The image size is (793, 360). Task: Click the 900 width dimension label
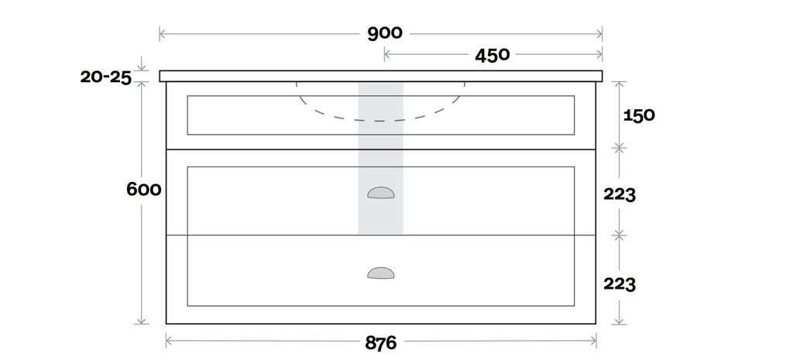click(385, 33)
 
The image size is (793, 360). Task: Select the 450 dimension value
click(492, 55)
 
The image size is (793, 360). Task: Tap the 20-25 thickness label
click(105, 77)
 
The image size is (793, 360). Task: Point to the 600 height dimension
click(143, 190)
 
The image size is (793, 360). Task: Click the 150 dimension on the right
click(640, 115)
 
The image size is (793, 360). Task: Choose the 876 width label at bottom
click(380, 342)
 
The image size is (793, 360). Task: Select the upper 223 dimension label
click(620, 195)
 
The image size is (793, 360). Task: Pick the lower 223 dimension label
click(620, 284)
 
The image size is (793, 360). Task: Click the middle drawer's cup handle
click(380, 193)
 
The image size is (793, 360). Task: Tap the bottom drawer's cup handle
click(380, 273)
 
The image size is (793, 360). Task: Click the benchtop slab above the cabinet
click(232, 75)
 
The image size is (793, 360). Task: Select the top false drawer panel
click(248, 115)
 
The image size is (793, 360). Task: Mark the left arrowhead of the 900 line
click(162, 34)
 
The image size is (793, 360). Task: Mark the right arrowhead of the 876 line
click(594, 341)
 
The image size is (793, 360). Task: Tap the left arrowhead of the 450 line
click(386, 54)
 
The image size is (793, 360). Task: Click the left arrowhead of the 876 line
click(169, 341)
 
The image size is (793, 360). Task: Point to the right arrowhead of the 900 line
click(600, 34)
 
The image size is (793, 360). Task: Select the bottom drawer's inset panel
click(256, 271)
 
